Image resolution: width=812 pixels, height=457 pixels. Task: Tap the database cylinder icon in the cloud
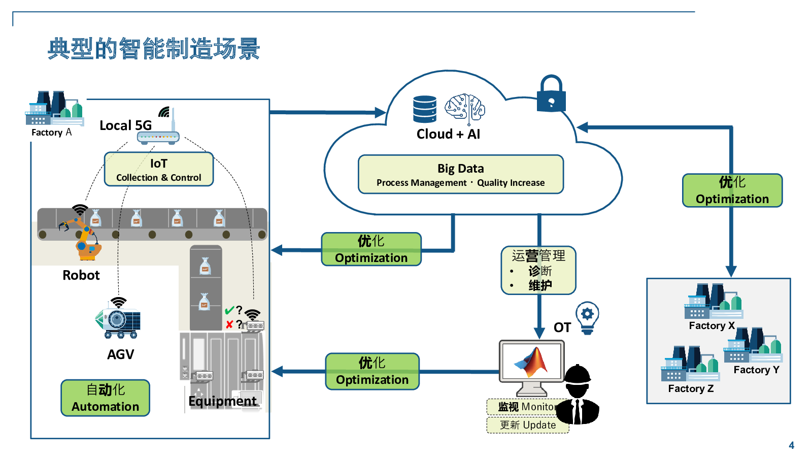pos(424,109)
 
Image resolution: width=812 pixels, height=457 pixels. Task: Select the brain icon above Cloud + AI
pos(465,108)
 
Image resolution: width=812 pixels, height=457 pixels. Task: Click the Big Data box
pos(460,174)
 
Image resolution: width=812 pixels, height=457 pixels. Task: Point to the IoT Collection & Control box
pos(158,169)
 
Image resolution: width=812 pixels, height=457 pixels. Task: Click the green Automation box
pos(105,398)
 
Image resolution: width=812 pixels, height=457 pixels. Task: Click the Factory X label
pos(712,325)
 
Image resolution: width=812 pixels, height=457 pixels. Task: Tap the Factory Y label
pos(756,370)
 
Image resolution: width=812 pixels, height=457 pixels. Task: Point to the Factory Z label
pos(690,388)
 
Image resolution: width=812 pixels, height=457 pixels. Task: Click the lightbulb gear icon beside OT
pos(587,317)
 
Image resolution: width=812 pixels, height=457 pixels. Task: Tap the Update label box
pos(527,425)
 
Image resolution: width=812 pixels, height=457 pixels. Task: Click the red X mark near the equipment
pos(229,324)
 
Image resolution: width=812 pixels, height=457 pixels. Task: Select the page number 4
pos(791,445)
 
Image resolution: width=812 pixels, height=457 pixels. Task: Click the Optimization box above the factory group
pos(732,190)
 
